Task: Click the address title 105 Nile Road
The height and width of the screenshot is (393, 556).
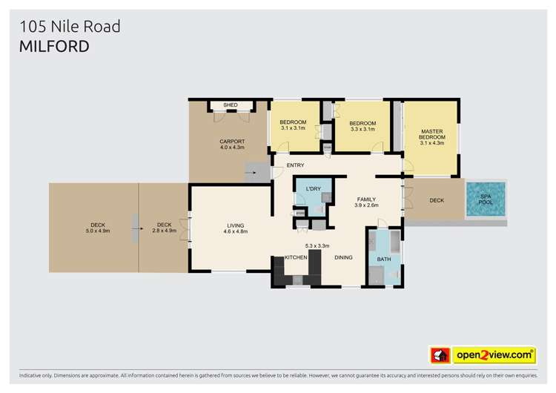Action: (70, 27)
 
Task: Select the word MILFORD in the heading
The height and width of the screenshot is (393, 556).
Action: (54, 47)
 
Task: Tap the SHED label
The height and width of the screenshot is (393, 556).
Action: (231, 105)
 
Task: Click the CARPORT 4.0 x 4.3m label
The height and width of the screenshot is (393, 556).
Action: (232, 145)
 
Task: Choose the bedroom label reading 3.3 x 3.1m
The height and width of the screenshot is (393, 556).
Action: (363, 126)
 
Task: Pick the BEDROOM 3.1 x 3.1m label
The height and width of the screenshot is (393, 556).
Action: (294, 125)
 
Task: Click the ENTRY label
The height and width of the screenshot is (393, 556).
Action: (296, 165)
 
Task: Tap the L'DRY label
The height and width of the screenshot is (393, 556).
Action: (313, 190)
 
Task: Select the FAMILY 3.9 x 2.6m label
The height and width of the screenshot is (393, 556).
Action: (366, 202)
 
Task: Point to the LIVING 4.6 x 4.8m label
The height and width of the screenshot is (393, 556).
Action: (236, 228)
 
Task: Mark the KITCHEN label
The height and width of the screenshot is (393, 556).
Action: (297, 257)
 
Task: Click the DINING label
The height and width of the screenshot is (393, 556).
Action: (343, 257)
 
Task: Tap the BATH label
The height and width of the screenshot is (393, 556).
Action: (383, 260)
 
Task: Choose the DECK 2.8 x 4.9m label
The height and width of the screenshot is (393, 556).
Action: (164, 228)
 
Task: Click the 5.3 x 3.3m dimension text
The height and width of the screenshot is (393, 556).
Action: (317, 245)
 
